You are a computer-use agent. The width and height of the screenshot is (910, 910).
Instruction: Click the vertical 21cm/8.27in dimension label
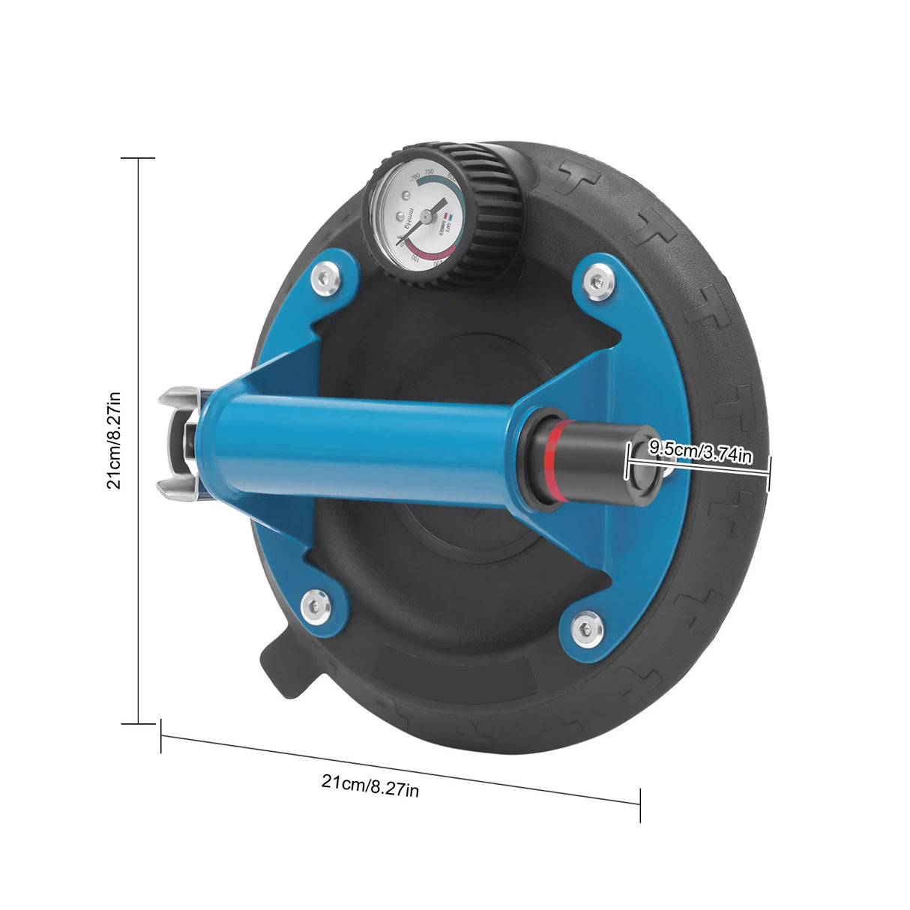113,439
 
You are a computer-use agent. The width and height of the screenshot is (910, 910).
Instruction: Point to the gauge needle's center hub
425,216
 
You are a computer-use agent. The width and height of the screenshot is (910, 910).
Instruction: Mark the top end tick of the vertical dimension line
138,158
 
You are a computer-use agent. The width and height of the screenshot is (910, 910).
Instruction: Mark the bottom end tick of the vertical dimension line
138,723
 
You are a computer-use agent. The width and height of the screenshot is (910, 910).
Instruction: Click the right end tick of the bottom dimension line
640,804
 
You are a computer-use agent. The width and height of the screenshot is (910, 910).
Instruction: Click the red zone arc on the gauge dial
431,257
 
